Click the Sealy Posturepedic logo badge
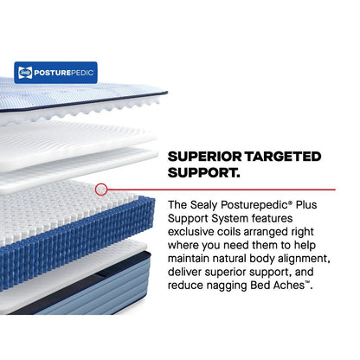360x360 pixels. [55, 72]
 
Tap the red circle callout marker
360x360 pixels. [101, 188]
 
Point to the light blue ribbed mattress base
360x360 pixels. [87, 286]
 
